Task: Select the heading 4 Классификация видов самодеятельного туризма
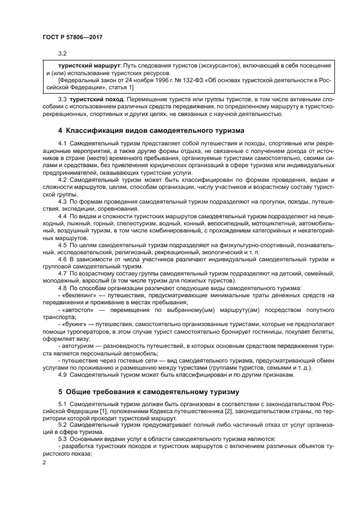point(151,130)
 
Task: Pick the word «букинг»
point(76,323)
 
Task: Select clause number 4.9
point(62,375)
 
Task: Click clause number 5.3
point(62,439)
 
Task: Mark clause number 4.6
point(62,259)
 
